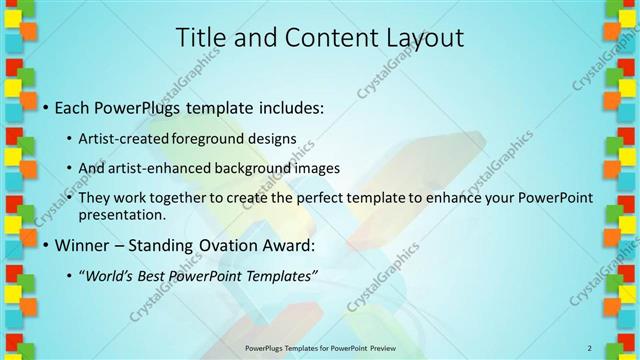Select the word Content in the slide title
click(x=320, y=38)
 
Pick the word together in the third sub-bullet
click(x=178, y=199)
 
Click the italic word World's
click(x=112, y=276)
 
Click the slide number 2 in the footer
click(x=590, y=348)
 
